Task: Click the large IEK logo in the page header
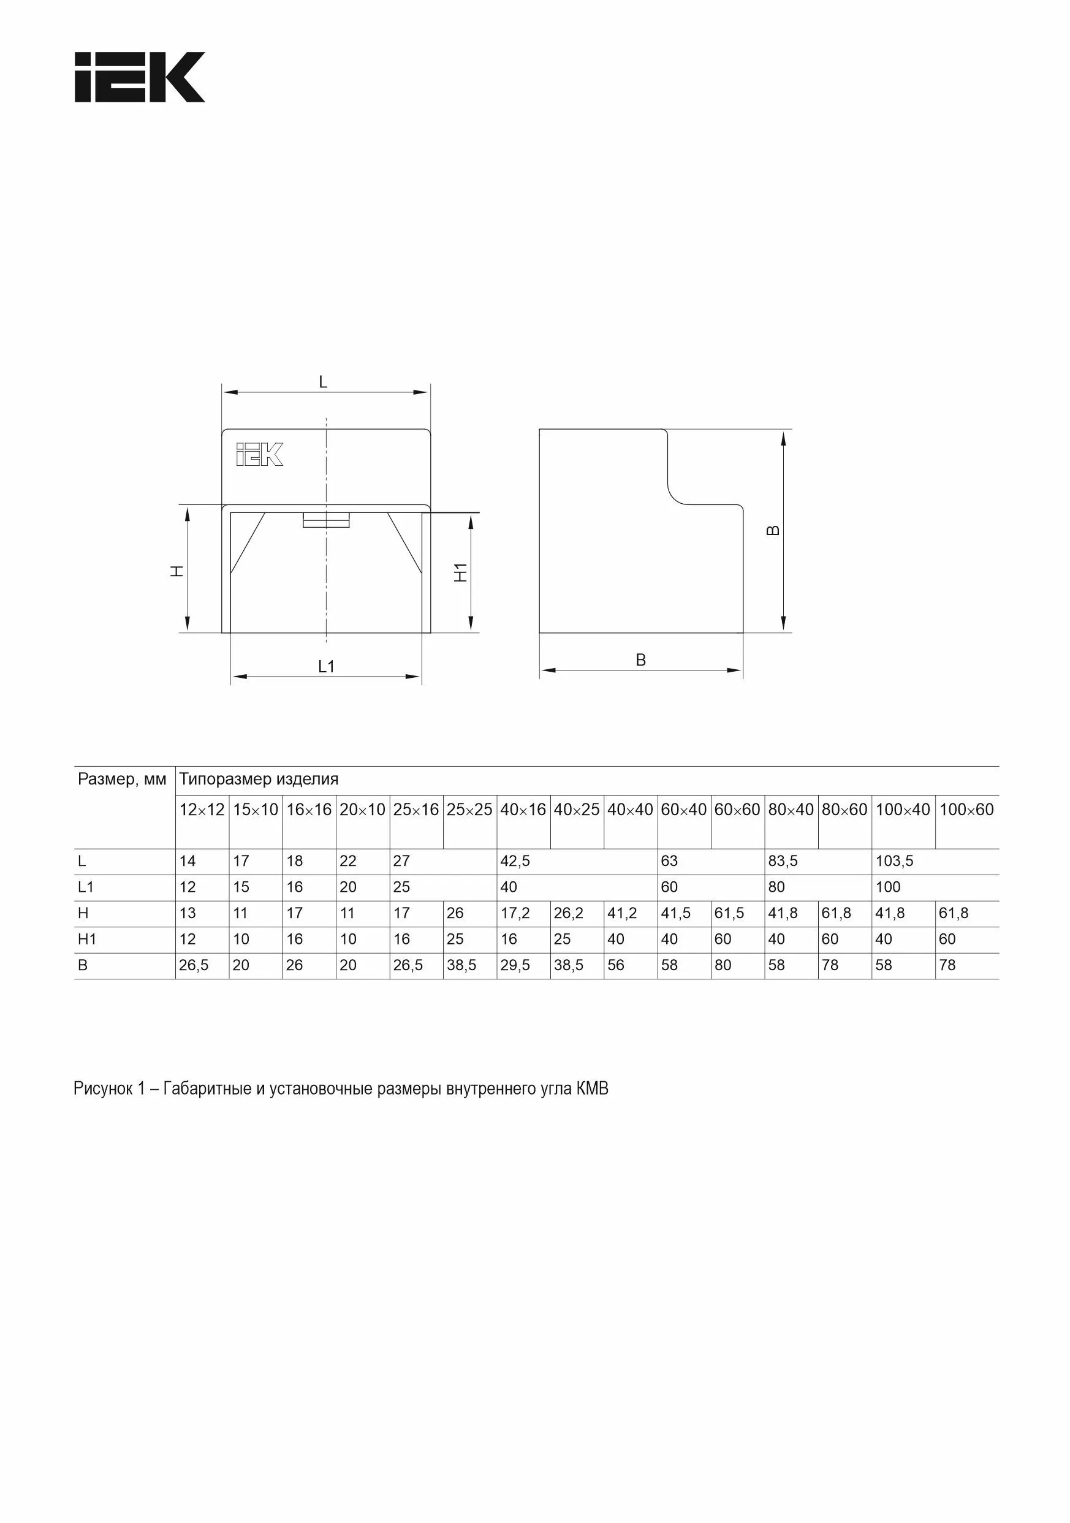(139, 77)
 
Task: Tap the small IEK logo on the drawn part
(259, 454)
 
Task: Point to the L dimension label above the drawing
(323, 382)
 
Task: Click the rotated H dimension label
(177, 571)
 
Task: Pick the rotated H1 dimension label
(460, 572)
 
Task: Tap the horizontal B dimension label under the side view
(640, 660)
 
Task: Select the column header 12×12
(202, 809)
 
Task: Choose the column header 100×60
(966, 809)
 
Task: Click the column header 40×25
(577, 809)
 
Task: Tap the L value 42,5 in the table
(515, 861)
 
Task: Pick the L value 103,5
(894, 861)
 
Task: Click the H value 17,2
(515, 913)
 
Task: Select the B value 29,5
(515, 965)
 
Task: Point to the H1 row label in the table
(87, 940)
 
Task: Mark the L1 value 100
(887, 887)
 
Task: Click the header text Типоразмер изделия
(259, 779)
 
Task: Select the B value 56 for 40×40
(616, 965)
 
